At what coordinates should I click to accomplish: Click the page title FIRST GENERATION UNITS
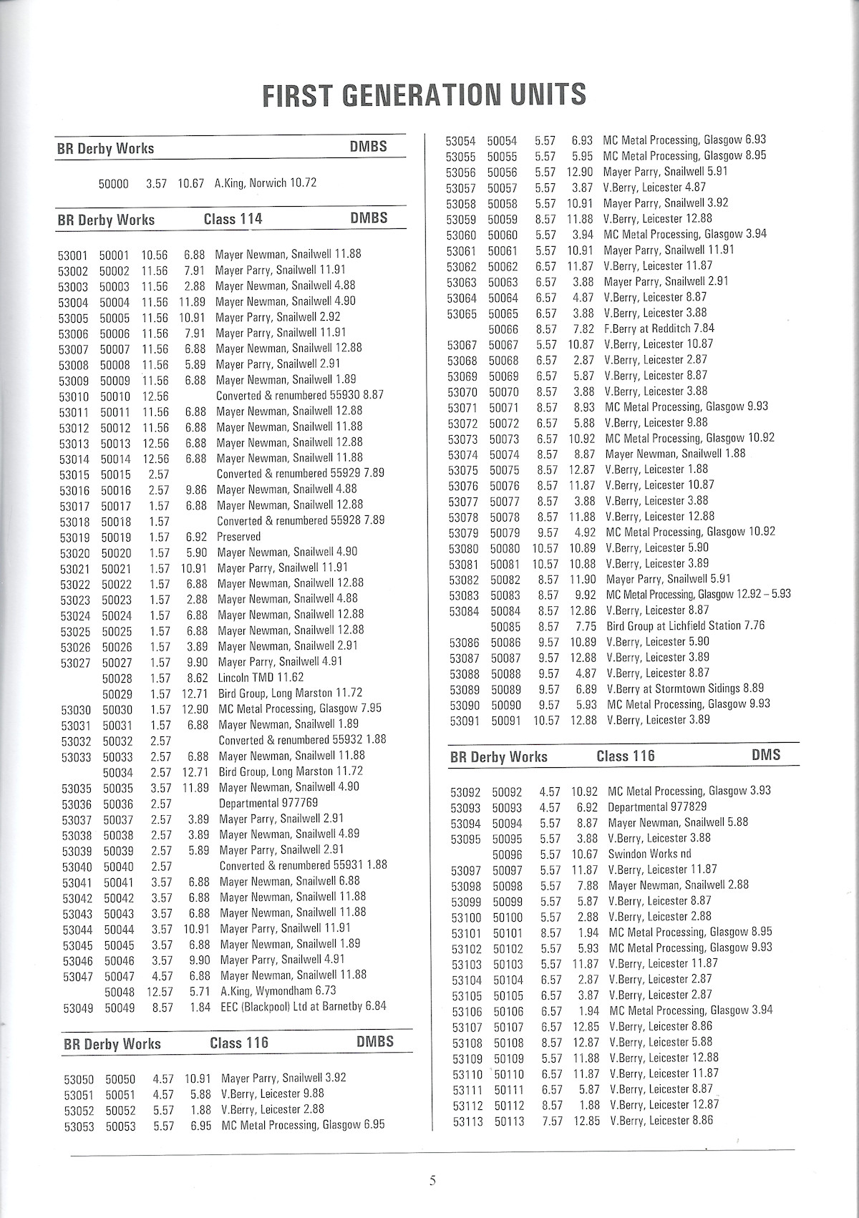424,95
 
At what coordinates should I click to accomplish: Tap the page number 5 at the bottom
432,1181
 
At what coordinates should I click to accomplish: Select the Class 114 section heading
233,219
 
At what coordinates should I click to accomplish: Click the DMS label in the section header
766,755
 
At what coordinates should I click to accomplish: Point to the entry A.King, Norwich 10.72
265,183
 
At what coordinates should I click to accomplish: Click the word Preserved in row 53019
238,537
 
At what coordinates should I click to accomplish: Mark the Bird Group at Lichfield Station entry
685,626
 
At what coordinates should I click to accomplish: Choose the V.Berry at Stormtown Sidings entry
684,688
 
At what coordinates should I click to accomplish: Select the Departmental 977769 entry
268,803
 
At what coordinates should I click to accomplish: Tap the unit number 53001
72,255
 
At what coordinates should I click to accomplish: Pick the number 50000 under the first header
113,184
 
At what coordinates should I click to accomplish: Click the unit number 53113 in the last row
468,1121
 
